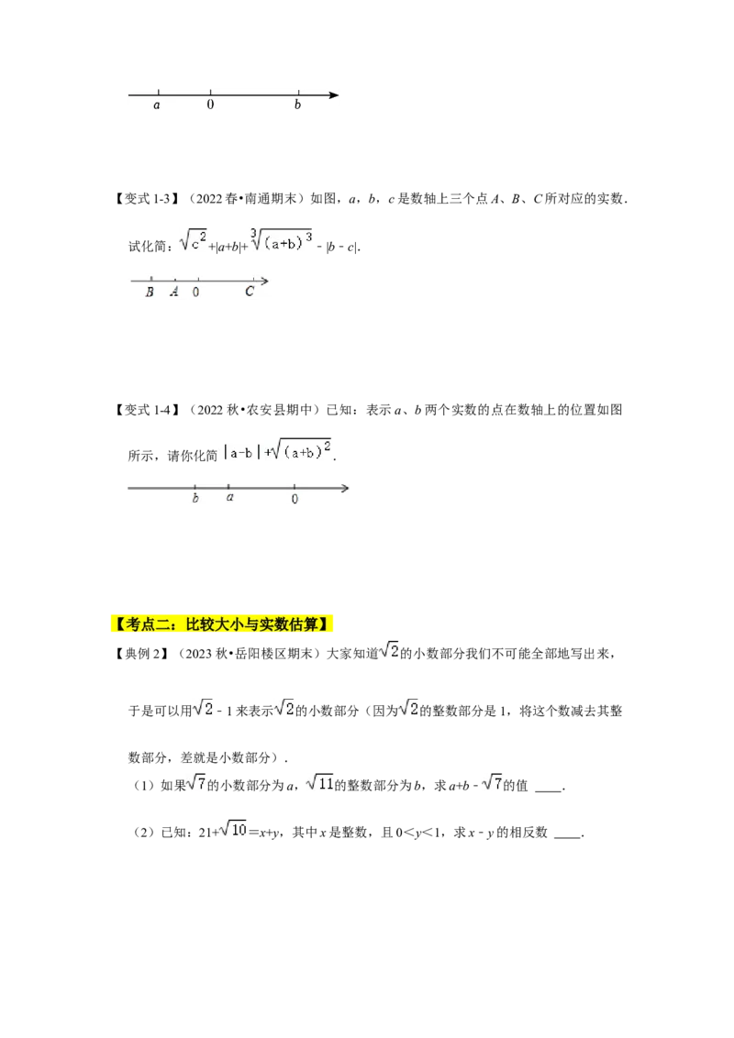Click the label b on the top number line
pos(297,105)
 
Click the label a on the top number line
pos(157,105)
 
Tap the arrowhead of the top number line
pos(334,95)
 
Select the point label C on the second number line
pos(249,292)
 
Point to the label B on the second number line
pos(150,292)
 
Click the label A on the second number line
pos(174,292)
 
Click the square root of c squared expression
pos(194,240)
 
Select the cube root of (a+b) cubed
pos(281,240)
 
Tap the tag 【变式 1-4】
pos(146,410)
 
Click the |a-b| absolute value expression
pos(241,453)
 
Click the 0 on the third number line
pos(295,499)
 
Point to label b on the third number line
pos(195,498)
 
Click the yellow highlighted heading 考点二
pos(220,624)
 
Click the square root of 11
pos(320,783)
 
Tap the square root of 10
pos(233,830)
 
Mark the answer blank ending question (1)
pos(548,790)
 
